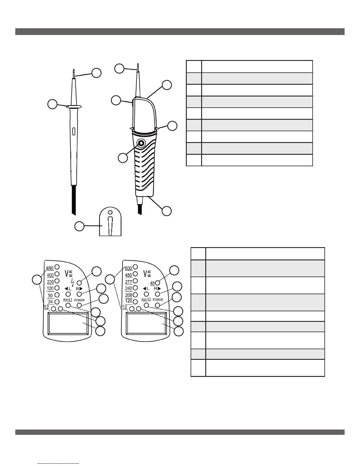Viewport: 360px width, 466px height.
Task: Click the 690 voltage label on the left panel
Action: [x=50, y=268]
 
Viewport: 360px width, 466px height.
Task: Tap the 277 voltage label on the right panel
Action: [x=129, y=282]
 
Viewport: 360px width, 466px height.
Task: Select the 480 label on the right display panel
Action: [x=129, y=275]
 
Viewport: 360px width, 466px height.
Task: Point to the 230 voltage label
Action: [x=50, y=282]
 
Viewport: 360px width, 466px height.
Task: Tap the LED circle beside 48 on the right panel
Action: [x=157, y=283]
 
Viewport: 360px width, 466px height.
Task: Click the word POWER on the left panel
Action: [x=79, y=300]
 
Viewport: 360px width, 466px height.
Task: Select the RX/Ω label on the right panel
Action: [x=146, y=300]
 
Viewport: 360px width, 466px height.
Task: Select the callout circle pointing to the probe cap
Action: [x=79, y=226]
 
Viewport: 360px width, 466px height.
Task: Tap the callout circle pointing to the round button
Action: [x=123, y=158]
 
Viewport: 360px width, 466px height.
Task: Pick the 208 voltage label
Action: [x=129, y=295]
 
